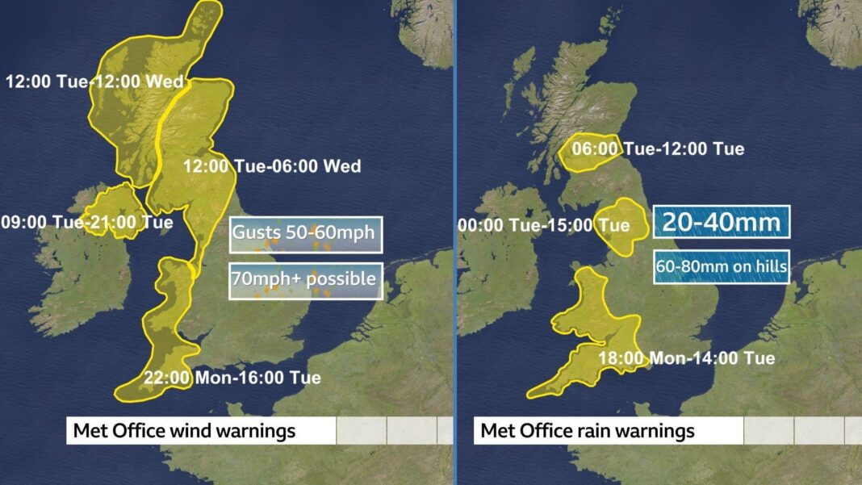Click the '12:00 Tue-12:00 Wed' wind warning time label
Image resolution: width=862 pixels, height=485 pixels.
94,82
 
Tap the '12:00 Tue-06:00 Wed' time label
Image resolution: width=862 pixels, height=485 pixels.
272,166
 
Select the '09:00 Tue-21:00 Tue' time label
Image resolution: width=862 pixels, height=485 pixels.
86,222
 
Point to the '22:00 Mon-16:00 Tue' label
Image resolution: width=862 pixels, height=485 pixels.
232,377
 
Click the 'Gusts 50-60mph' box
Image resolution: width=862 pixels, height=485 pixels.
303,234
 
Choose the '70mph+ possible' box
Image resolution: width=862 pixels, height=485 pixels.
304,279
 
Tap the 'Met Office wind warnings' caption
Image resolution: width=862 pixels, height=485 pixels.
184,431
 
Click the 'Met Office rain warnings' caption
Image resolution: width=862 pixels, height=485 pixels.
587,431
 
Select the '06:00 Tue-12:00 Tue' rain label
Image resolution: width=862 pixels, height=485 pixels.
658,148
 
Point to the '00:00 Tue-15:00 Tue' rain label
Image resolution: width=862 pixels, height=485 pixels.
543,225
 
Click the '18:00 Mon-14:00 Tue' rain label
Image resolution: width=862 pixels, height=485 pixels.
686,357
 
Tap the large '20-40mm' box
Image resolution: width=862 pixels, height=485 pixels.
721,221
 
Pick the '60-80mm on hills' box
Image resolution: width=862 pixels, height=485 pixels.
721,267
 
